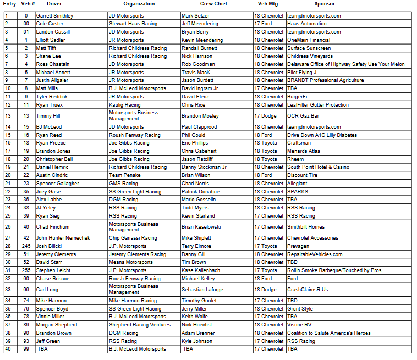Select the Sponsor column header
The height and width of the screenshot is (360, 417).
click(324, 4)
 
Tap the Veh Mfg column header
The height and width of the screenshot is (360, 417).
click(268, 4)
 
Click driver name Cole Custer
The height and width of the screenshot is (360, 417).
click(50, 24)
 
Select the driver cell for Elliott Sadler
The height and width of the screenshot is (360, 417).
click(51, 40)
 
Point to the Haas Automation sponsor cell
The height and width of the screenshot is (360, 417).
click(306, 24)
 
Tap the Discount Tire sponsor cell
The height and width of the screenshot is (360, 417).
click(302, 175)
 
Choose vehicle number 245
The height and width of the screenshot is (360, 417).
click(26, 246)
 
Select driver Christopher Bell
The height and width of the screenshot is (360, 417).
click(54, 159)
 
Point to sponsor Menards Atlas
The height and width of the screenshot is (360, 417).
click(303, 151)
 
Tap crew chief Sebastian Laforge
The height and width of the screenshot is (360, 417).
click(202, 289)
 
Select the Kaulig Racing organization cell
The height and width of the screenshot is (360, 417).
click(124, 105)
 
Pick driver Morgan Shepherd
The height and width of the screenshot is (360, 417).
click(56, 325)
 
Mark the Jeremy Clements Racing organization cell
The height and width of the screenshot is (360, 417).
click(137, 254)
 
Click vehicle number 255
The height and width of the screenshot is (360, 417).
click(26, 270)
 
